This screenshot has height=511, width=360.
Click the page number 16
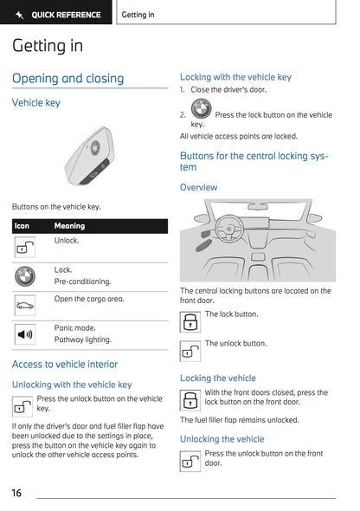[x=16, y=493]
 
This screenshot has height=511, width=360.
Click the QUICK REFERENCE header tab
[x=57, y=15]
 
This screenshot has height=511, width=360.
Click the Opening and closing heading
[x=67, y=79]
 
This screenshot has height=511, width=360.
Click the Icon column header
[x=22, y=226]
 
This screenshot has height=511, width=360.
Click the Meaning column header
[x=69, y=226]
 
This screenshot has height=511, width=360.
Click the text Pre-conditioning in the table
[x=82, y=281]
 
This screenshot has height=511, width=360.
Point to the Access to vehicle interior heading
[x=65, y=365]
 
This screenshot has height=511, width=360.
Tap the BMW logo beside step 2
[x=201, y=110]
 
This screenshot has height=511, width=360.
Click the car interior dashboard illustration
[x=257, y=241]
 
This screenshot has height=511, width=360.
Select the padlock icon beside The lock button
[x=190, y=322]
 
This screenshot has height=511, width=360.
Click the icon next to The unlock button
[x=190, y=351]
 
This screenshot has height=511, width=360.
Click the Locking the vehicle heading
[x=217, y=378]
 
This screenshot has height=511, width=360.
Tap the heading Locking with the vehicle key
[x=235, y=77]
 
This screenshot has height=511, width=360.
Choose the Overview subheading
[x=198, y=187]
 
